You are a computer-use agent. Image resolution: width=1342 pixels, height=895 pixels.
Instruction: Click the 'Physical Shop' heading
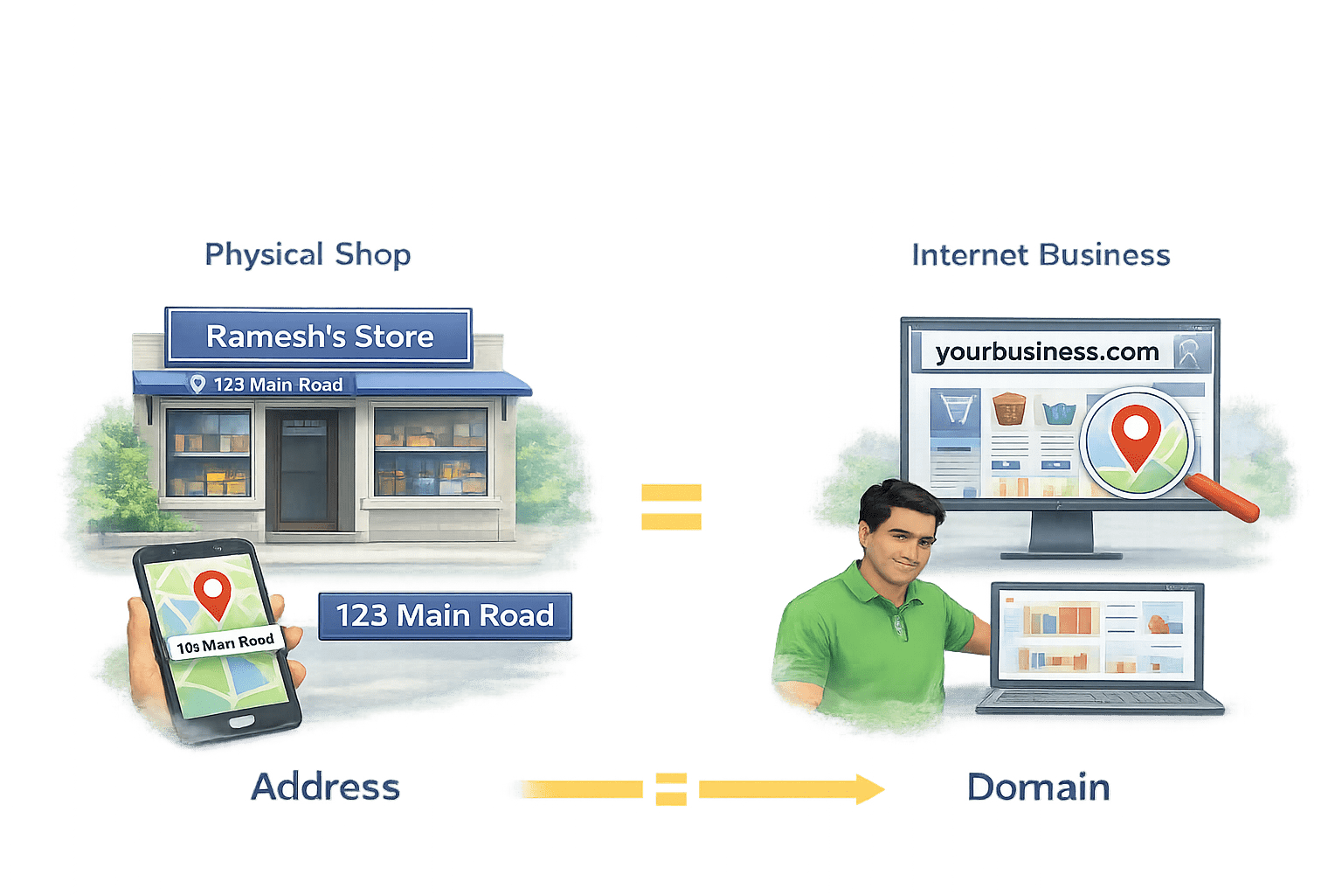pyautogui.click(x=308, y=254)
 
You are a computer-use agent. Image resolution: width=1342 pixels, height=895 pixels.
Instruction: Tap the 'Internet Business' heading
pyautogui.click(x=1040, y=254)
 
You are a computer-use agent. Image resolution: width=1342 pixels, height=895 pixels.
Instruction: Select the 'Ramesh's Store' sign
pyautogui.click(x=319, y=336)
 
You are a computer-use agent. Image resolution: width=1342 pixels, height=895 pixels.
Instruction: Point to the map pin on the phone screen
pyautogui.click(x=212, y=592)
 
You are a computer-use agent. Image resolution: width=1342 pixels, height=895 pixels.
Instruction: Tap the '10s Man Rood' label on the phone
pyautogui.click(x=225, y=643)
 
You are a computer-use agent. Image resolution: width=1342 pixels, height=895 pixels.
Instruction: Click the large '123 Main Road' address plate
pyautogui.click(x=445, y=615)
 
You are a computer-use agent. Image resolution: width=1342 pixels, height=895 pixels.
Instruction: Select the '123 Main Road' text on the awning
pyautogui.click(x=278, y=385)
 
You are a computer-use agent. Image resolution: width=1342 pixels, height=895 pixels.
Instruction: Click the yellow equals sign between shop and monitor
pyautogui.click(x=670, y=507)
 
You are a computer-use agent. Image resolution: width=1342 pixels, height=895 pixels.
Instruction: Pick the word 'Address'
pyautogui.click(x=325, y=787)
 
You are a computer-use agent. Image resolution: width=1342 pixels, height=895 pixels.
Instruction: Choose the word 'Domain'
pyautogui.click(x=1038, y=787)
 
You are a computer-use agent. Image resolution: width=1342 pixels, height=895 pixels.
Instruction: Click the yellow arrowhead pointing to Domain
pyautogui.click(x=868, y=789)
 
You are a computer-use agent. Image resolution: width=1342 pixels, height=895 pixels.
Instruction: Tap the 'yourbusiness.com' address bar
pyautogui.click(x=1047, y=352)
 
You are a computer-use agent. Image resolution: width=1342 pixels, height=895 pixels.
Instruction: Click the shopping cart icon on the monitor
pyautogui.click(x=955, y=410)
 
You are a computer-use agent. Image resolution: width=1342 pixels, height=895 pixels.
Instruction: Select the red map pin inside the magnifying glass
pyautogui.click(x=1134, y=434)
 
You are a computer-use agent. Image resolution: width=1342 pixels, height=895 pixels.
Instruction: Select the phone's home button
pyautogui.click(x=240, y=722)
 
